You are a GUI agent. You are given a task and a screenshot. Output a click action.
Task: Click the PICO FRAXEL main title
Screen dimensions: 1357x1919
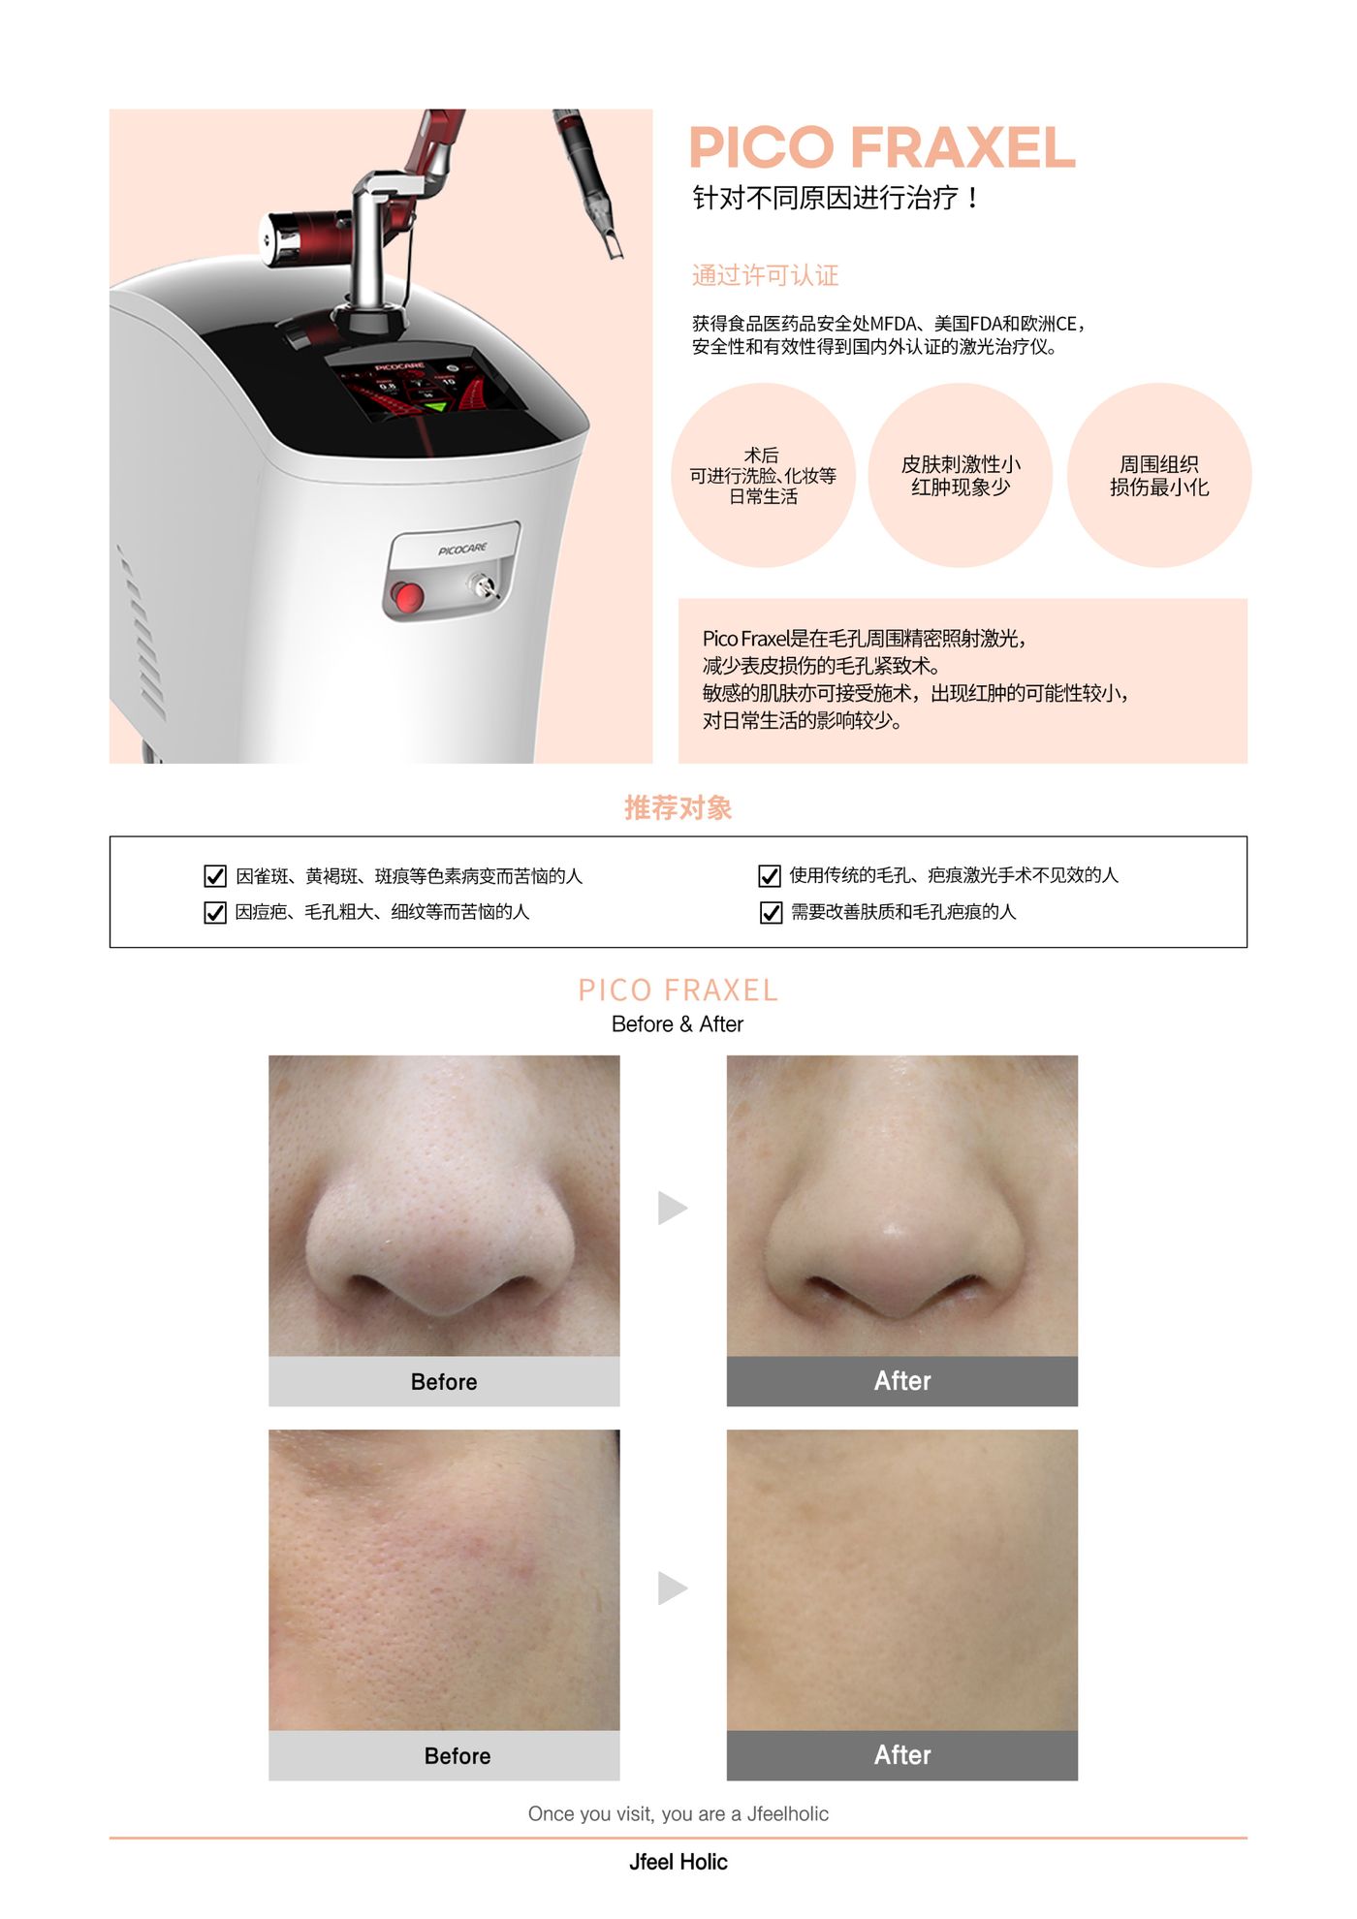(x=882, y=147)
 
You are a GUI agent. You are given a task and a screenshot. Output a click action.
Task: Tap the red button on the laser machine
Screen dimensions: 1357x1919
(x=408, y=596)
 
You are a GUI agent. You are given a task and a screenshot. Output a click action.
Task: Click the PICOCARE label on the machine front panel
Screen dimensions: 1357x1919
(x=462, y=550)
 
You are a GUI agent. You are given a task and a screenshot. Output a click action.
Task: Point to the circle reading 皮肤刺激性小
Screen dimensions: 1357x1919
(x=961, y=475)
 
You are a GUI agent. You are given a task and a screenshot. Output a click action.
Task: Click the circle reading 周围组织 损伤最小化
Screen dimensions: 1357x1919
(x=1159, y=475)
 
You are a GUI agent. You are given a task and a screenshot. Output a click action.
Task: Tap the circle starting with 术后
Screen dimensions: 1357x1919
(x=763, y=475)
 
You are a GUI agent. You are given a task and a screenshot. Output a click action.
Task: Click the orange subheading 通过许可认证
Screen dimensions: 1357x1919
(x=766, y=276)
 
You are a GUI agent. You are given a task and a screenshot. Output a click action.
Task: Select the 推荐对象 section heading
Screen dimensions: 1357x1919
(x=678, y=807)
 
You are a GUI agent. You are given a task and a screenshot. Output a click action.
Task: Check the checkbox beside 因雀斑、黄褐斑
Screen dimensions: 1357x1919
(x=215, y=876)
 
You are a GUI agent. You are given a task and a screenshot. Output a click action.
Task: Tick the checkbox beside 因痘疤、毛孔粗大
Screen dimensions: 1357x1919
(x=215, y=912)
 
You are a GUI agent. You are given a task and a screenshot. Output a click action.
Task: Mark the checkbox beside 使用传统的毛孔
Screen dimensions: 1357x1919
(x=770, y=876)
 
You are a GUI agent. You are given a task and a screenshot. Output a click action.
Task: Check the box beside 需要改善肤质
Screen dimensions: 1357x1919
(x=771, y=912)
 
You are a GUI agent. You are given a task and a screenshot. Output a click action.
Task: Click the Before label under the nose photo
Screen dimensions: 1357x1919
(x=444, y=1382)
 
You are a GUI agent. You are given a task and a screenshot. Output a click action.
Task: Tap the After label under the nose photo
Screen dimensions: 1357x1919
(x=902, y=1381)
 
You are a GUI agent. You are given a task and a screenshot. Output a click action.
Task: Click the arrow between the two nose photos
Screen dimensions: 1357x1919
(x=672, y=1208)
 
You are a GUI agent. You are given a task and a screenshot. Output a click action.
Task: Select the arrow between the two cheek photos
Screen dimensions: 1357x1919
(x=672, y=1589)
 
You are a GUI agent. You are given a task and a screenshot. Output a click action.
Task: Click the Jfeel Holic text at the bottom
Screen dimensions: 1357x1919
(x=678, y=1862)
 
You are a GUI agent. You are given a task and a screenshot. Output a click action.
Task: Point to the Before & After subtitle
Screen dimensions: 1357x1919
(x=678, y=1024)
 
